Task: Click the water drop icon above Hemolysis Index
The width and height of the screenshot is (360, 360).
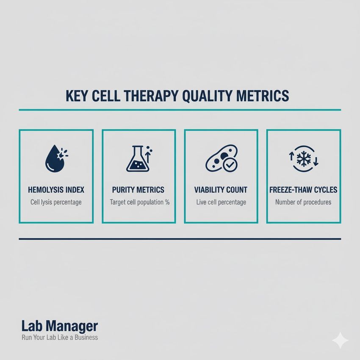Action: click(54, 160)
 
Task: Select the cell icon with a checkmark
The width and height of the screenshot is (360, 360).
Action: click(221, 159)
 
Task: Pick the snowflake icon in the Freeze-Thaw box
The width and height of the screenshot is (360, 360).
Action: click(304, 159)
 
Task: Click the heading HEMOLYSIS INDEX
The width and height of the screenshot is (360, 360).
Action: click(56, 190)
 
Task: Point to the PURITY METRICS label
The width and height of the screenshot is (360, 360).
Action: click(138, 190)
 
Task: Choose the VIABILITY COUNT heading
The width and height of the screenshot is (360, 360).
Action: click(221, 190)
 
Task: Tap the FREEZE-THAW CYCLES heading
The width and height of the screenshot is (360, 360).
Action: click(303, 190)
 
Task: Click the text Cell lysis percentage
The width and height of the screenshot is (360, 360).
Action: click(56, 202)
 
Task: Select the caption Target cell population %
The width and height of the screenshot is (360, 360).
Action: click(139, 202)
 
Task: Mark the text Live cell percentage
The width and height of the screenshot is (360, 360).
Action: click(221, 202)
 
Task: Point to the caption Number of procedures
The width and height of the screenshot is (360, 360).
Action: click(303, 202)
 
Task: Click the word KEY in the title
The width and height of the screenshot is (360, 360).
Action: click(77, 96)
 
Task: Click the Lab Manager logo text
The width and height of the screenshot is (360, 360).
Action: click(59, 326)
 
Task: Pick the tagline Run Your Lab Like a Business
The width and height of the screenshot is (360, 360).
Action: click(59, 338)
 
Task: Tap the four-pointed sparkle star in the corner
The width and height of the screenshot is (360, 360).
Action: click(341, 340)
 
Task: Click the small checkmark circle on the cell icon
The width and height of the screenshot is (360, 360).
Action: click(230, 164)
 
